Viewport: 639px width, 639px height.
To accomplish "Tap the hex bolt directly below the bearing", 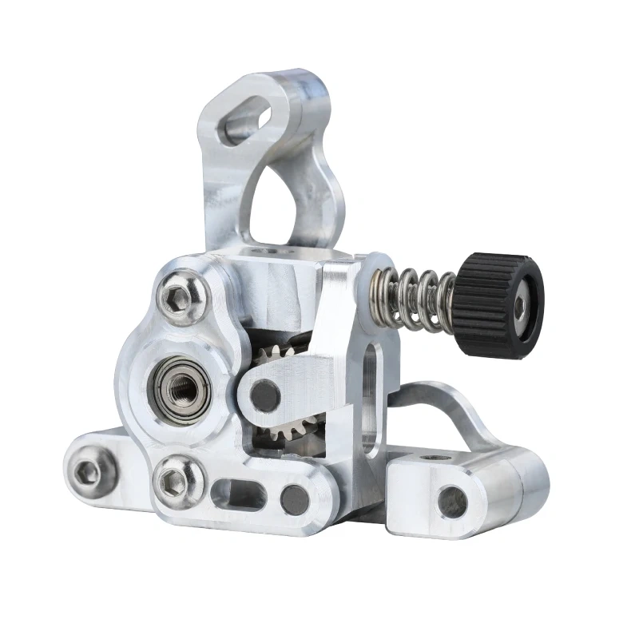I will click(173, 482).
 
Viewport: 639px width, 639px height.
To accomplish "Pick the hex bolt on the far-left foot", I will click(87, 474).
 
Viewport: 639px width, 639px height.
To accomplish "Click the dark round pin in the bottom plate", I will click(295, 499).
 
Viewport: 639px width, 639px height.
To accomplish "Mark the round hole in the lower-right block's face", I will click(452, 501).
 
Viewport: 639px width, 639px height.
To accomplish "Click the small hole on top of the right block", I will click(435, 458).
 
